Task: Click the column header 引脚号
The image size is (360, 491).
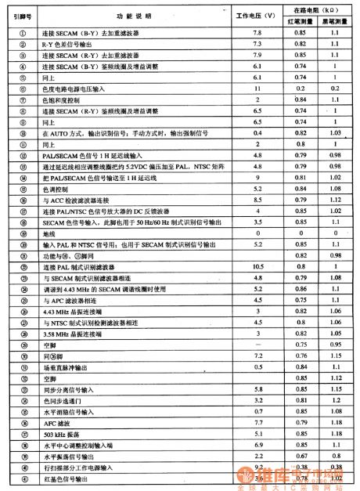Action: coord(22,16)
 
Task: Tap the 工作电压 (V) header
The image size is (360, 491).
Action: coord(256,16)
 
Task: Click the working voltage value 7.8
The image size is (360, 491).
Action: coord(256,34)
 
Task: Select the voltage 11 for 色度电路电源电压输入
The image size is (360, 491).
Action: coord(256,90)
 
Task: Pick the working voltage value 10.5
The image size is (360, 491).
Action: coord(256,267)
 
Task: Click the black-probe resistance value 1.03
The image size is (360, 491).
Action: coord(335,134)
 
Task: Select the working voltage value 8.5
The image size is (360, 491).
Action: coord(256,200)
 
